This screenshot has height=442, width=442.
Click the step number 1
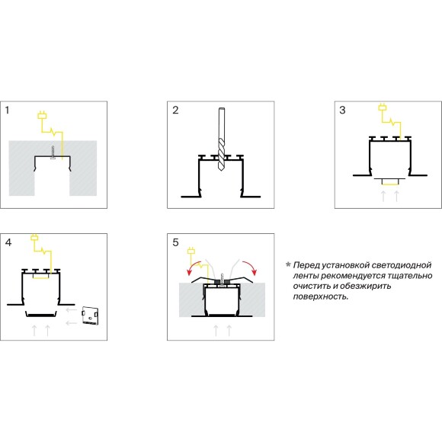coord(8,110)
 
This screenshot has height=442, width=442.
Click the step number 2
coord(175,110)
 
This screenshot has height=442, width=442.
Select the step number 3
coord(342,110)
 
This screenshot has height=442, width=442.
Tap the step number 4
coord(8,242)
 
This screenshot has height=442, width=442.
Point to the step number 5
coord(175,242)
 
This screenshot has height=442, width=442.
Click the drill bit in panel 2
coord(222,139)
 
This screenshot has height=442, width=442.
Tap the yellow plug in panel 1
coord(42,115)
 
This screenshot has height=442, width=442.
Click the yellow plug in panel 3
coord(383,107)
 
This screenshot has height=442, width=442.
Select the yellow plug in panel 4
coord(34,237)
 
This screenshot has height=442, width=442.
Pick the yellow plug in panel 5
coord(191,250)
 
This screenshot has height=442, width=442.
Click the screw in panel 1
coord(53,152)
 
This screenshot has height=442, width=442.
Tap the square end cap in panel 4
coord(90,315)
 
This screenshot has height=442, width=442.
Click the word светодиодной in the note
coord(402,265)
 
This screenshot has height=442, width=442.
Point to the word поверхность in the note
coord(320,296)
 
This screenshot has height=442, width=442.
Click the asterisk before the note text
coord(288,264)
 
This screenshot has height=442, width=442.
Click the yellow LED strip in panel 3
coord(390,184)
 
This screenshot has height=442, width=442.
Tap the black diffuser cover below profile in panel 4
coord(41,314)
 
